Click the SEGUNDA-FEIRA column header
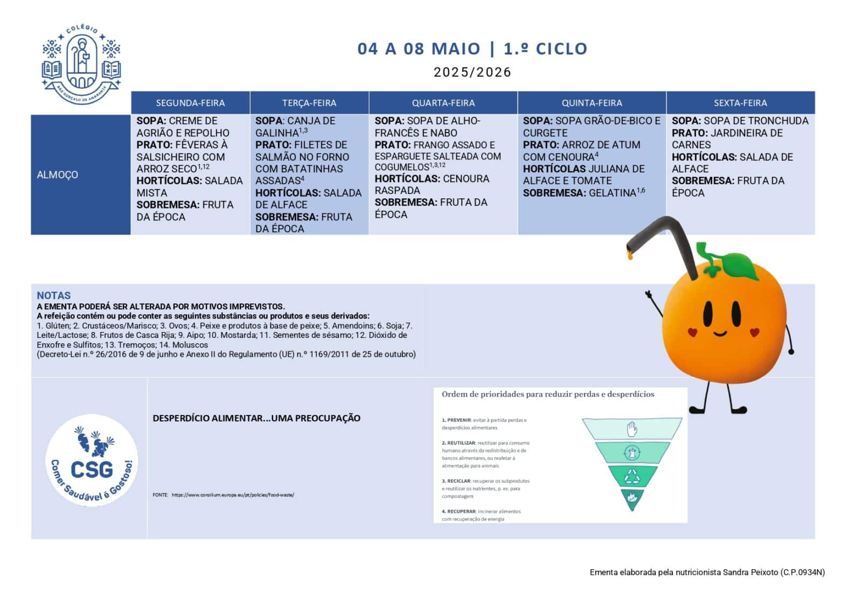pos(190,103)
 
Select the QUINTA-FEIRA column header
pos(592,103)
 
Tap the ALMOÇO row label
pos(57,175)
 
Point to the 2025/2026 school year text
pos(472,72)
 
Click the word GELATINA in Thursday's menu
pos(613,193)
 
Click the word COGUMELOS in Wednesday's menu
pos(402,167)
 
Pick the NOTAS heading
pos(53,295)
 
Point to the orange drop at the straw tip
pos(629,255)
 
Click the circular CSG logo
pos(92,461)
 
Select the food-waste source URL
pos(233,495)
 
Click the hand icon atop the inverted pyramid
pos(632,429)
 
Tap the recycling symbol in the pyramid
pos(632,476)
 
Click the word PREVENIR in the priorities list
pos(459,420)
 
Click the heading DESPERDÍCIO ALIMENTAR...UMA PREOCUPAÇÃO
pos(256,418)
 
